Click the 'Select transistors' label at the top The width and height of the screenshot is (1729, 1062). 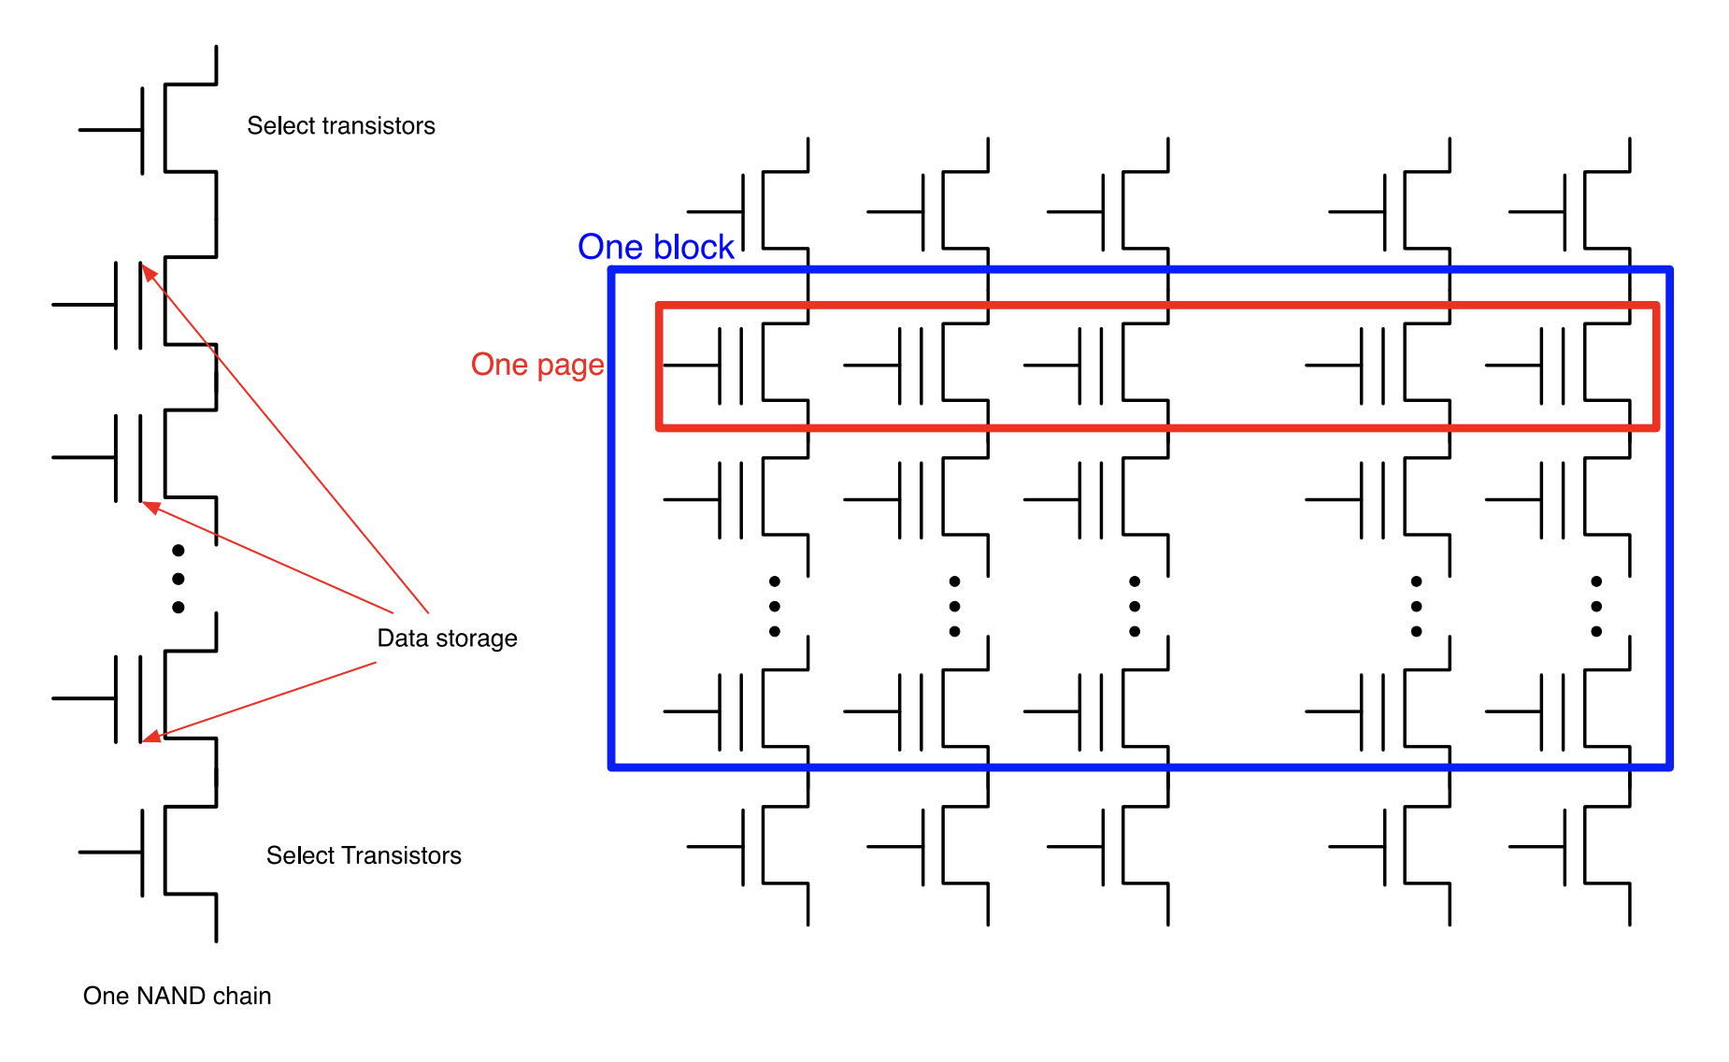tap(340, 126)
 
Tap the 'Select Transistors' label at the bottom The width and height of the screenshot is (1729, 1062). tap(364, 855)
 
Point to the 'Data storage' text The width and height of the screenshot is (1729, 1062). tap(447, 639)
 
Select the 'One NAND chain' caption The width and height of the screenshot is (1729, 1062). tap(177, 996)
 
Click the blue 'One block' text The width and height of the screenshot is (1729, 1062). tap(656, 247)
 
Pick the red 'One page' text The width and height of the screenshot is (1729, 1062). tap(537, 365)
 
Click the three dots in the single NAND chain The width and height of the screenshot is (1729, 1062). tap(179, 579)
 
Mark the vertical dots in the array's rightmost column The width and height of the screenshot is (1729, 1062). tap(1596, 607)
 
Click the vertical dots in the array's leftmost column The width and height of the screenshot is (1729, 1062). tap(775, 607)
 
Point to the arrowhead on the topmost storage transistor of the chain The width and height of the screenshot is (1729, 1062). tap(147, 271)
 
